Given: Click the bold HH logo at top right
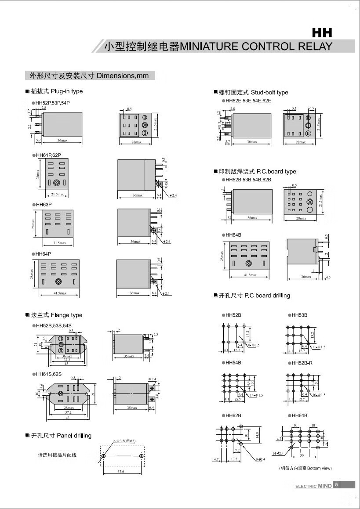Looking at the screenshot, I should tap(322, 32).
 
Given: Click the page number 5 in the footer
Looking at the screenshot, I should tap(336, 485).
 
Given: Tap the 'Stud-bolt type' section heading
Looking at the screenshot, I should tap(269, 92).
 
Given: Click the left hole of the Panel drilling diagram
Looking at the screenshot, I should tap(103, 456).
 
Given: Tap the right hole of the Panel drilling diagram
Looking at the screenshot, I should tap(141, 456).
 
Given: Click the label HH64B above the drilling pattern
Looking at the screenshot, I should tap(299, 415).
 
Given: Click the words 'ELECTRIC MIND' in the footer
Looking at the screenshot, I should tap(313, 486).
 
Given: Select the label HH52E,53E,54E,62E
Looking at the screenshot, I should tap(249, 101).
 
